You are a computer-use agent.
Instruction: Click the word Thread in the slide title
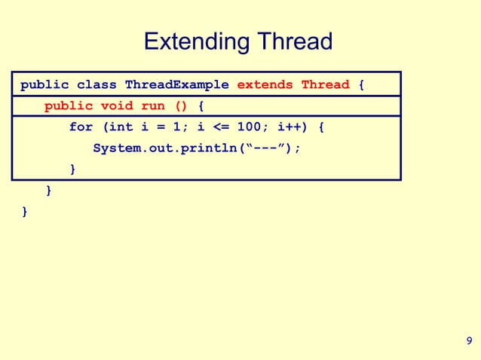pyautogui.click(x=294, y=41)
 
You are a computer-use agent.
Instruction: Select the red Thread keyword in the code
pyautogui.click(x=325, y=84)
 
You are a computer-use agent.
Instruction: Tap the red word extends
pyautogui.click(x=265, y=84)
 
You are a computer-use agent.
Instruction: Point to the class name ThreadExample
pyautogui.click(x=176, y=84)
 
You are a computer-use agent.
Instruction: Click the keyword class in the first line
pyautogui.click(x=97, y=84)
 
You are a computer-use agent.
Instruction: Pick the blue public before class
pyautogui.click(x=44, y=84)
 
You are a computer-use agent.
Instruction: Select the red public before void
pyautogui.click(x=68, y=106)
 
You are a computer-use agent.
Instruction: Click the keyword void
pyautogui.click(x=116, y=106)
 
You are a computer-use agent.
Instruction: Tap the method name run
pyautogui.click(x=152, y=106)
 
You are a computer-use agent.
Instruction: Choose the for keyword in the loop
pyautogui.click(x=81, y=127)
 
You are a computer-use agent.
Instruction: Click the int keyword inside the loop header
pyautogui.click(x=121, y=127)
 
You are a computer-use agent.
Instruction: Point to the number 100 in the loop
pyautogui.click(x=249, y=127)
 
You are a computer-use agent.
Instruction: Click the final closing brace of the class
pyautogui.click(x=24, y=212)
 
